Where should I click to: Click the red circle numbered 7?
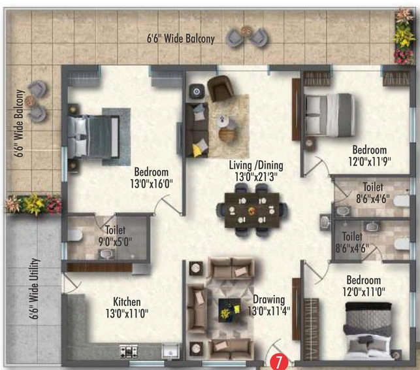point(279,362)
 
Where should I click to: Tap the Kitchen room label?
point(127,302)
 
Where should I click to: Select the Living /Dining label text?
point(256,165)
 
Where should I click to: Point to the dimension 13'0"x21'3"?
point(256,177)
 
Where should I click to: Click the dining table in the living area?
point(252,210)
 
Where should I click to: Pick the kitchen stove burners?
point(129,351)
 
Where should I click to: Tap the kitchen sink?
point(170,351)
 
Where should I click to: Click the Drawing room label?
point(269,299)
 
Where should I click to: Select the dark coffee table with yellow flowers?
point(229,310)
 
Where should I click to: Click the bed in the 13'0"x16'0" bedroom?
point(93,137)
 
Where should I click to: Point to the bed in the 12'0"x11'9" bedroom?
point(329,115)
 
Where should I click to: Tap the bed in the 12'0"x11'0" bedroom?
point(368,331)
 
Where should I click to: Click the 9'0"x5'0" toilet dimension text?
point(116,242)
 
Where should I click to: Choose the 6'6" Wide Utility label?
point(34,289)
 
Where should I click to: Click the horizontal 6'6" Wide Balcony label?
point(181,39)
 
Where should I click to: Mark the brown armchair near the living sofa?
point(220,88)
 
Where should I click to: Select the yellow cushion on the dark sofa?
point(198,150)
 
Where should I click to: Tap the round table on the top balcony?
point(246,30)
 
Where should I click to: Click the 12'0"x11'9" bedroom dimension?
point(370,161)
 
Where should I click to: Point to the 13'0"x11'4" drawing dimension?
point(269,311)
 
